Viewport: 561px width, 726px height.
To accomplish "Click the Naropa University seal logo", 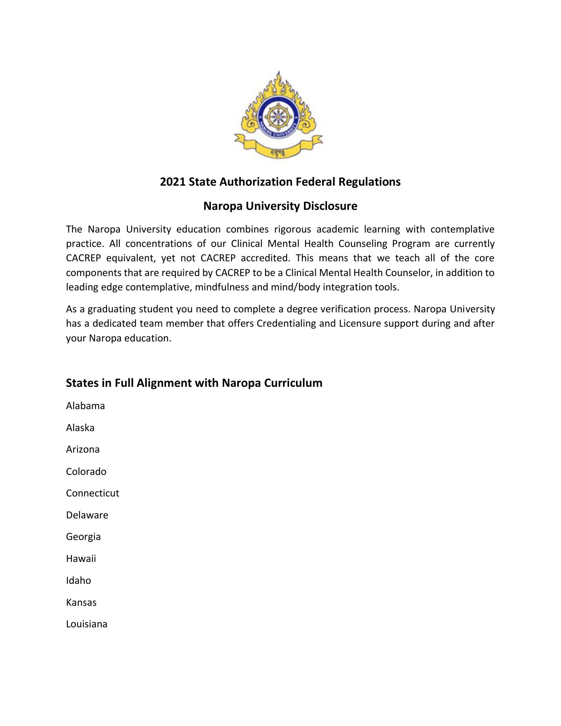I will [279, 115].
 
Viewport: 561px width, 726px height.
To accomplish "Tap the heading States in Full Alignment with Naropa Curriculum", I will [194, 383].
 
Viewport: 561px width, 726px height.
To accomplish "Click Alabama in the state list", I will [85, 406].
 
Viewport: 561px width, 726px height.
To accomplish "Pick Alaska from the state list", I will [80, 428].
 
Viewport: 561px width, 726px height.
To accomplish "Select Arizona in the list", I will [83, 449].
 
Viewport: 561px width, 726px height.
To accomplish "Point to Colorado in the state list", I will [86, 472].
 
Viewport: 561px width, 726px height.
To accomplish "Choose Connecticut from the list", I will [93, 493].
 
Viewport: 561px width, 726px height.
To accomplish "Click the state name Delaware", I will [87, 515].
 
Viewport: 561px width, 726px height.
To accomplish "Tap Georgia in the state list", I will [83, 537].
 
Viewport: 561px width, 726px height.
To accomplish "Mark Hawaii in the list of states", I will [81, 558].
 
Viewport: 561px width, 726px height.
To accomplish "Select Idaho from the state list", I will [78, 580].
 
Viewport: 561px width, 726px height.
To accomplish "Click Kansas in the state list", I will [81, 602].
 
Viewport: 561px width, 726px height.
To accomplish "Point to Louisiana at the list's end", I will [87, 624].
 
